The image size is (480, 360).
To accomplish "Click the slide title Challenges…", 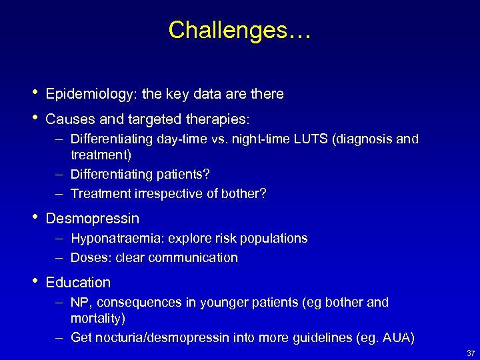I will (239, 30).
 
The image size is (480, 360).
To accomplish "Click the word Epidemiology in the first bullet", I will (88, 95).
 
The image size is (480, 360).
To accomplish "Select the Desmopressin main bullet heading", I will (93, 219).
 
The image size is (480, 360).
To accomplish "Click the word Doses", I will (87, 258).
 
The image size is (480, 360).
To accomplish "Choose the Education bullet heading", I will (78, 283).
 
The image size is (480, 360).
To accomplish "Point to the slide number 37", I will (469, 353).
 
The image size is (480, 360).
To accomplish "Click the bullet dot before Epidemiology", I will (33, 94).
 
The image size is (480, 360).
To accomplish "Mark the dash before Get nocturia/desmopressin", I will (59, 338).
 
